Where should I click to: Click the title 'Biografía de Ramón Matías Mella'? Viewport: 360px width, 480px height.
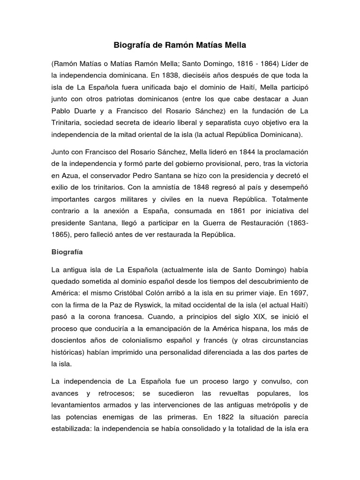[180, 45]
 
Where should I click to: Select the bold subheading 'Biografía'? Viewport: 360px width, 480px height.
[67, 252]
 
